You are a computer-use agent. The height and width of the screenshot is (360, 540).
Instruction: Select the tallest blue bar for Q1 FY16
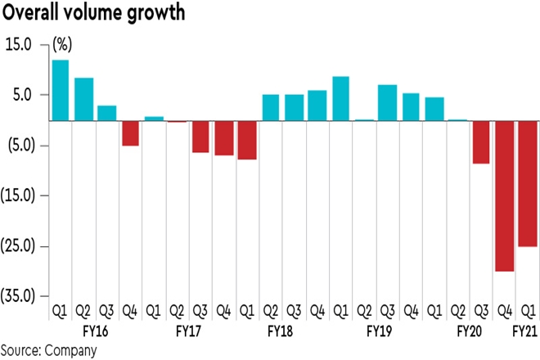60,90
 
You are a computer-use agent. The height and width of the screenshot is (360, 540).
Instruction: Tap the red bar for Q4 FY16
129,133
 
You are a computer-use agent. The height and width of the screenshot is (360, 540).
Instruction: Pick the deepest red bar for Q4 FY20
503,196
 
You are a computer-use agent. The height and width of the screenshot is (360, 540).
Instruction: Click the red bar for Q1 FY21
527,183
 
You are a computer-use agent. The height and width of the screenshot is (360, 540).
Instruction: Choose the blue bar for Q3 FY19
387,102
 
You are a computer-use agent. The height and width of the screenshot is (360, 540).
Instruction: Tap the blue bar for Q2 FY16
83,99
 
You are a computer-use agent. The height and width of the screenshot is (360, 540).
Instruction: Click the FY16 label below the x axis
96,333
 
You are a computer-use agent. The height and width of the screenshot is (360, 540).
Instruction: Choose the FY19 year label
376,333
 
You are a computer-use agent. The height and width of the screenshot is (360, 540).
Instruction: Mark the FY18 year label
282,333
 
